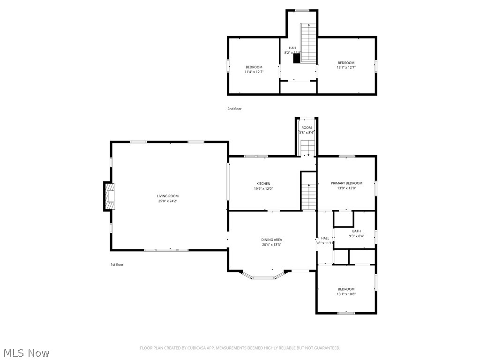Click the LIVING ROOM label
coord(167,196)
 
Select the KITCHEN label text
coord(263,184)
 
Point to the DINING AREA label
coord(271,240)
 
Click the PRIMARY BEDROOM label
coord(346,183)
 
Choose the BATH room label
coord(356,231)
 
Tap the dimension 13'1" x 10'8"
coord(346,294)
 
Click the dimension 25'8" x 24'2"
coord(167,201)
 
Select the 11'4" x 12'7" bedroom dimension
coord(254,72)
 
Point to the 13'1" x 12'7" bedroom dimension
coord(346,67)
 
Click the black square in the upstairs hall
coord(296,58)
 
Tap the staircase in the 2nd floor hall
coord(308,43)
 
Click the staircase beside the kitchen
coord(308,197)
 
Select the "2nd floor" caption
coord(234,109)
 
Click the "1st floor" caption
coord(117,264)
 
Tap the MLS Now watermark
coord(26,352)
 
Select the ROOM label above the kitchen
coord(307,127)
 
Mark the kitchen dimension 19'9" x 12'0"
coord(263,189)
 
